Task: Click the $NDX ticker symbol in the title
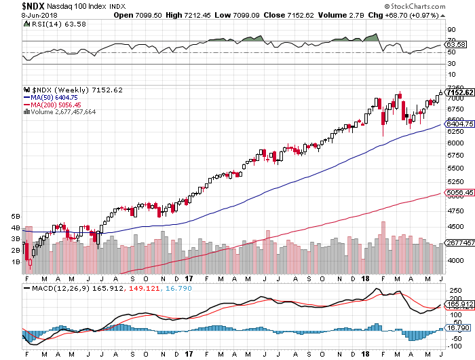click(15, 6)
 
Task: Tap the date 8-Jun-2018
click(21, 15)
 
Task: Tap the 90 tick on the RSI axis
click(450, 31)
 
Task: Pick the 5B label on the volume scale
click(16, 216)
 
